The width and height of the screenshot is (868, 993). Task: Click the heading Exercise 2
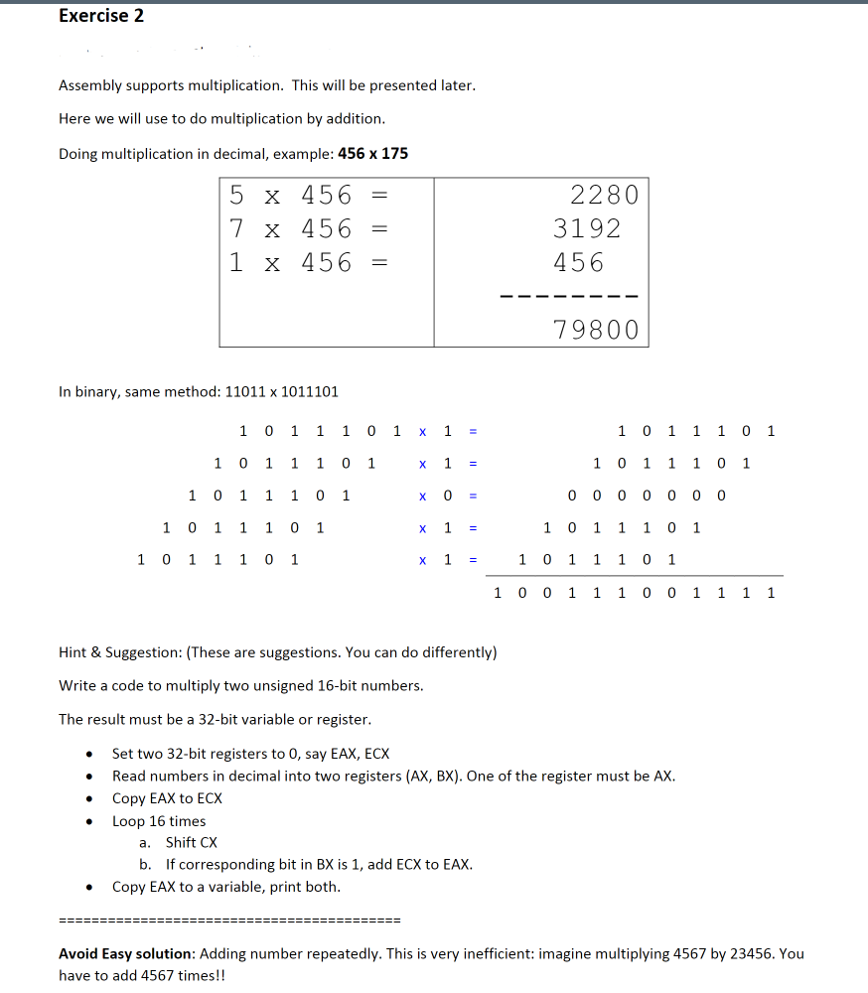[x=101, y=15]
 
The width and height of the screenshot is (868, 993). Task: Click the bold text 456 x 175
[x=372, y=153]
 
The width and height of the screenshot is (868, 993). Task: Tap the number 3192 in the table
[x=587, y=228]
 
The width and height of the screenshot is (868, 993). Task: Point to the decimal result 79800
[x=596, y=329]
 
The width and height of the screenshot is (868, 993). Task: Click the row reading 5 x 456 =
[x=307, y=195]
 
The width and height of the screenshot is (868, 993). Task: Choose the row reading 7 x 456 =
[x=307, y=228]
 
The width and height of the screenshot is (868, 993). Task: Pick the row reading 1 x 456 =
[x=307, y=262]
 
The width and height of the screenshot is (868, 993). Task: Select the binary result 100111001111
[x=635, y=593]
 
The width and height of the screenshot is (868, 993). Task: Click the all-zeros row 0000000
[x=647, y=495]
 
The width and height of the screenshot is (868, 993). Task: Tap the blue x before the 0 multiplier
[x=422, y=496]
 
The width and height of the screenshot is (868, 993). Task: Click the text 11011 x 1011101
[x=282, y=391]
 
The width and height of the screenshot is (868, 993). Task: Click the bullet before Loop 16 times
[x=89, y=822]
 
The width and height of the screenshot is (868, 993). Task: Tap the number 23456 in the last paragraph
[x=751, y=953]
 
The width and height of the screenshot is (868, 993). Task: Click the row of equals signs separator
[x=229, y=918]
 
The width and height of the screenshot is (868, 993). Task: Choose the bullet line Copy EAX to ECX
[x=167, y=798]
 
